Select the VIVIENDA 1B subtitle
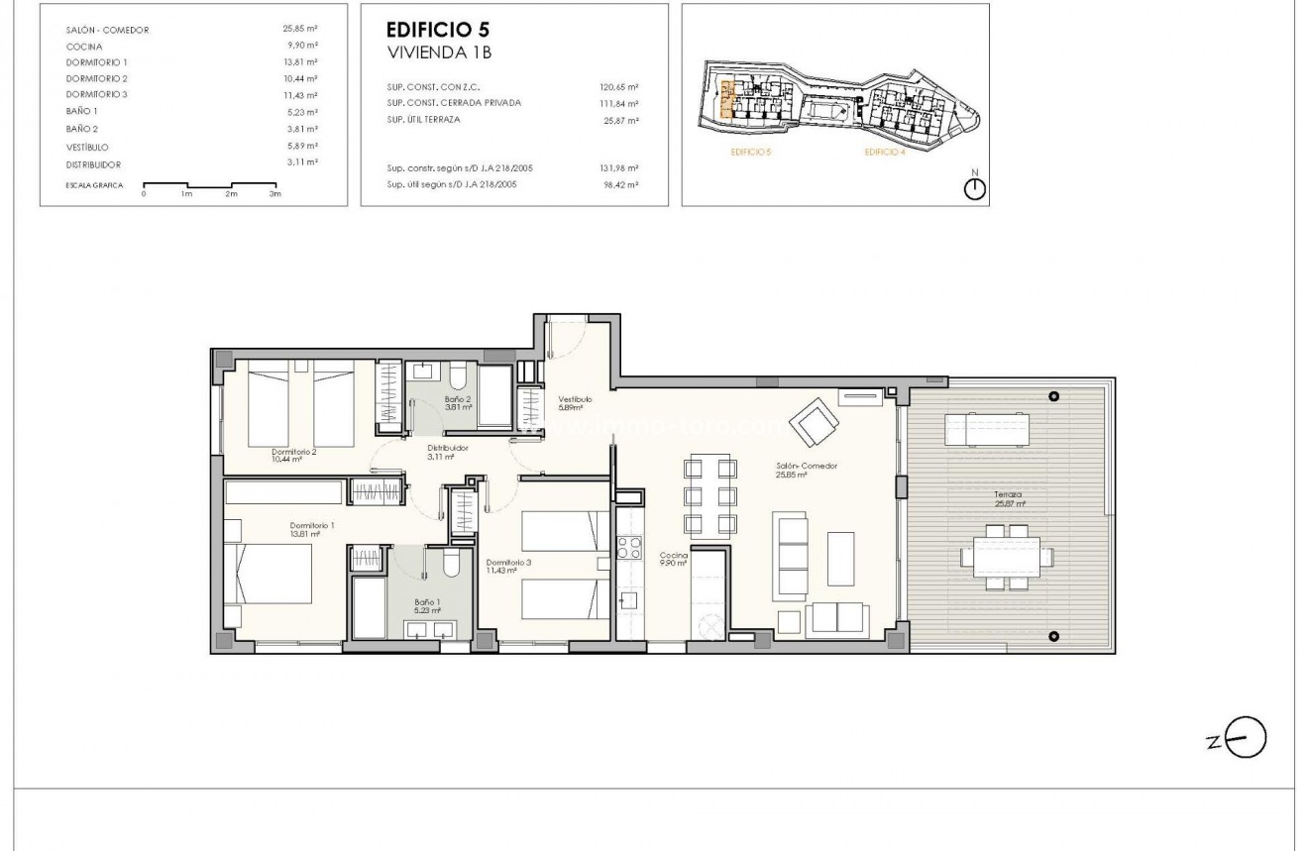(427, 50)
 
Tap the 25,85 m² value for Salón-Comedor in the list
(299, 30)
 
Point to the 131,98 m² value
(619, 168)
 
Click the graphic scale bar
(209, 185)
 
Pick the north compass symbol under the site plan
(975, 189)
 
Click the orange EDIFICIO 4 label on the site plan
(884, 152)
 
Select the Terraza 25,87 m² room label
(1008, 498)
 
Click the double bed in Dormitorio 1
(270, 575)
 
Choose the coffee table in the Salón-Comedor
(841, 559)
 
